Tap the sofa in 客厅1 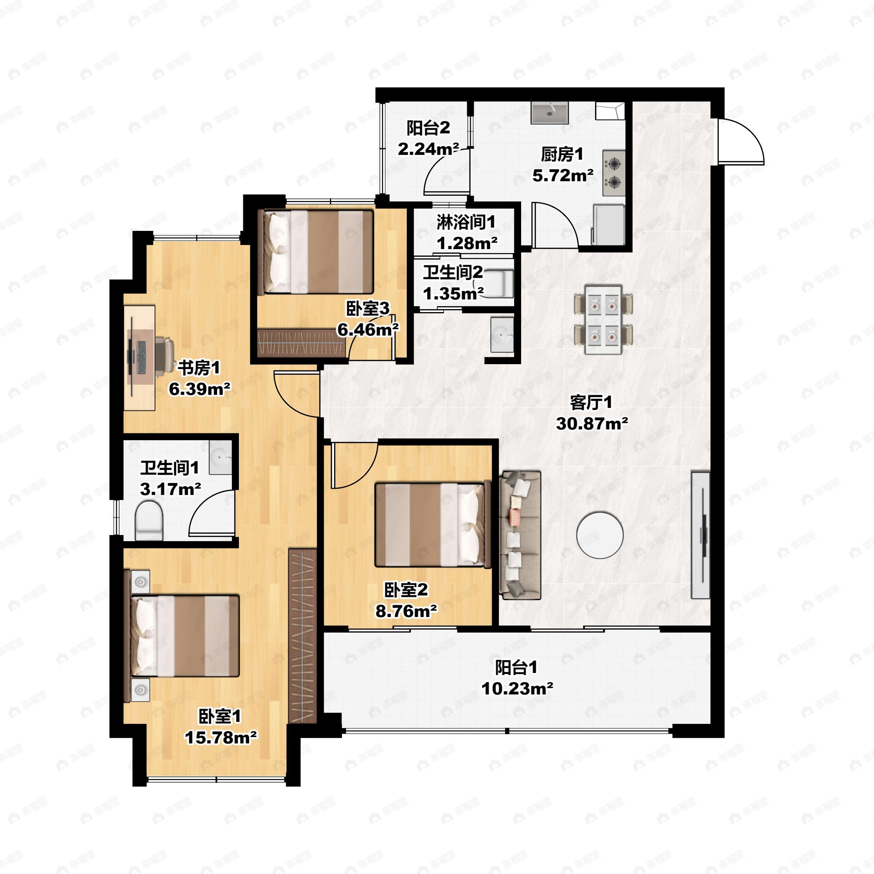pyautogui.click(x=520, y=535)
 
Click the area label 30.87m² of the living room pyautogui.click(x=592, y=424)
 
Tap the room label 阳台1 pyautogui.click(x=516, y=667)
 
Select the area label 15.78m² pyautogui.click(x=220, y=738)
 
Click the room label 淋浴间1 pyautogui.click(x=466, y=222)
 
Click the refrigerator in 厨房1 pyautogui.click(x=609, y=225)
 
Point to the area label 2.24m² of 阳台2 pyautogui.click(x=428, y=149)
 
